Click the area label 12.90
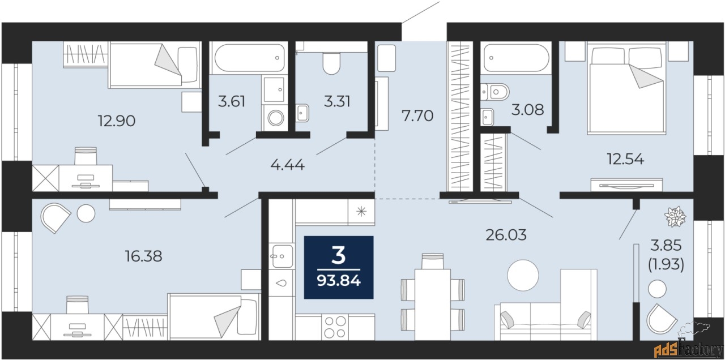tap(117, 121)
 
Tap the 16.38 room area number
tap(143, 256)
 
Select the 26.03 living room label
tap(506, 235)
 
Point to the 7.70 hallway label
tap(417, 115)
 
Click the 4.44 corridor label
tap(287, 165)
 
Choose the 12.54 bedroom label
tap(625, 159)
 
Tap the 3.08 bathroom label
tap(527, 110)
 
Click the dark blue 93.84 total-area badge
tap(339, 267)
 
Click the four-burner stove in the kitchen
tap(335, 327)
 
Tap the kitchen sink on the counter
tap(282, 256)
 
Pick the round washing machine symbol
tap(275, 117)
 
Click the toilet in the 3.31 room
tap(331, 63)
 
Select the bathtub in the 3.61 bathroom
tap(248, 58)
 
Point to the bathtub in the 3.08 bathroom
tap(517, 58)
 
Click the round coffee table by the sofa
tap(523, 275)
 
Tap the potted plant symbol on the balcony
tap(675, 217)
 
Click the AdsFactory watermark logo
tap(688, 350)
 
